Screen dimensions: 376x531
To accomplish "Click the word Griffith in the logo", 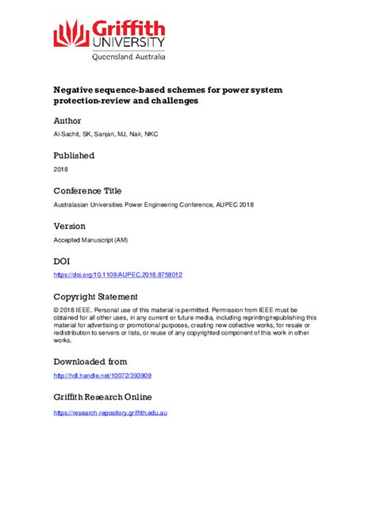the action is click(128, 28).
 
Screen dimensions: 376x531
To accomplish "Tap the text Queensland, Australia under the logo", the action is click(129, 57).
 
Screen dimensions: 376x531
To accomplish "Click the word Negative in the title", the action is click(76, 90).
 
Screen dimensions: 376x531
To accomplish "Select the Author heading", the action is click(67, 120).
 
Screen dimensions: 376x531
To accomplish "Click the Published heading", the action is click(74, 155).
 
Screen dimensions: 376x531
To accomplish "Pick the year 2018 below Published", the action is click(61, 170).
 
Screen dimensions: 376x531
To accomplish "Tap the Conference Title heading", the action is click(88, 191).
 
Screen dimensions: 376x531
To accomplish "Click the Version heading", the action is click(70, 226).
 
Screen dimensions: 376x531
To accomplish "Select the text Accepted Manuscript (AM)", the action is click(86, 240).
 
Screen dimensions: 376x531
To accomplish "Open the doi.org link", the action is click(117, 275).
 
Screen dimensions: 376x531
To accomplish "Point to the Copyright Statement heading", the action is click(100, 296).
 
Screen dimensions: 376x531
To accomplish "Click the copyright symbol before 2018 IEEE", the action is click(56, 311).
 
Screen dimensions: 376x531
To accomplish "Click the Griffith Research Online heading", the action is click(102, 396).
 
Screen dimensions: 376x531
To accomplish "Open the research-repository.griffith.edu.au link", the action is click(110, 412).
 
